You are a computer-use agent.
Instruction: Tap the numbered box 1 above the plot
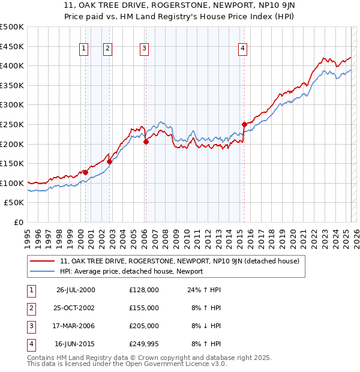[83, 49]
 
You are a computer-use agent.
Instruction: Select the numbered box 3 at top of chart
[145, 49]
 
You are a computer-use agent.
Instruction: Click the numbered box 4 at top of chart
[242, 49]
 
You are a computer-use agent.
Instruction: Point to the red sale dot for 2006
[146, 142]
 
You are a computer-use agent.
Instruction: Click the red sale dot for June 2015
[244, 124]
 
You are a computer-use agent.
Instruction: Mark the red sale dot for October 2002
[109, 161]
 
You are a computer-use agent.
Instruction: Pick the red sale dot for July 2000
[85, 172]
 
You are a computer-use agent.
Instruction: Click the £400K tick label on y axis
[12, 65]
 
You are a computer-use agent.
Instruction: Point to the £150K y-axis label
[12, 163]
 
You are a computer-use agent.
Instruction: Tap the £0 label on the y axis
[19, 222]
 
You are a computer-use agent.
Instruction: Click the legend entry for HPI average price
[131, 271]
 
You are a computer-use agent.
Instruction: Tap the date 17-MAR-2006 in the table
[75, 326]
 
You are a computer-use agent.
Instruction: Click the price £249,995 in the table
[144, 344]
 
